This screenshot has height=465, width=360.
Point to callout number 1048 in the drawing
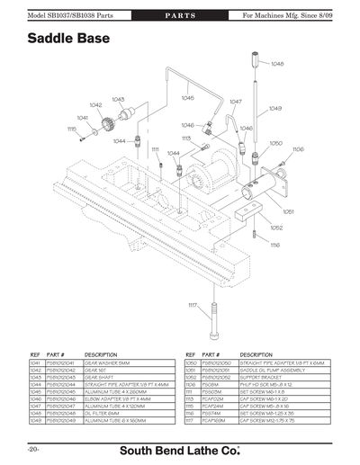click(277, 64)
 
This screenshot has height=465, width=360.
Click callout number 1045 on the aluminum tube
click(187, 97)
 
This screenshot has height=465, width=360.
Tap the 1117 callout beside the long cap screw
click(193, 307)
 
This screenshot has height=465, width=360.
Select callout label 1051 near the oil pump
click(289, 212)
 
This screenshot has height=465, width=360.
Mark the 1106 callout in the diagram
click(298, 148)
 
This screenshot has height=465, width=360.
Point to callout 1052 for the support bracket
click(276, 228)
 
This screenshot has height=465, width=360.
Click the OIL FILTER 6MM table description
click(104, 412)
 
